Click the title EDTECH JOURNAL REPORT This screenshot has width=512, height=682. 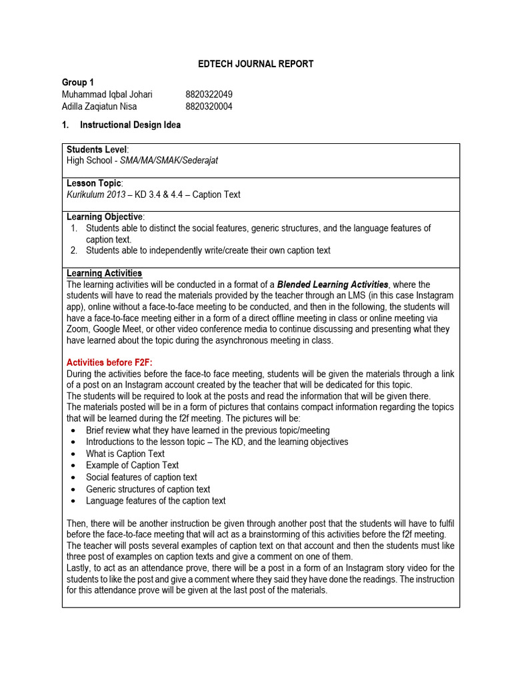[x=256, y=64]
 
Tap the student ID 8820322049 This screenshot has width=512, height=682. [x=209, y=95]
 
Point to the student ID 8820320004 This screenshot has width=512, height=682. [x=209, y=107]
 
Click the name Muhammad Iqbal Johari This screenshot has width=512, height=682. [x=107, y=95]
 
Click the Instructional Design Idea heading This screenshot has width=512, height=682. [x=130, y=125]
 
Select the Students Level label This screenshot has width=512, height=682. [x=97, y=149]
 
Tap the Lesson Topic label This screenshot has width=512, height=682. [x=94, y=183]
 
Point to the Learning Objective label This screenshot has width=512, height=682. [x=104, y=217]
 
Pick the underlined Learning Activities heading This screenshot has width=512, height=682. [x=104, y=273]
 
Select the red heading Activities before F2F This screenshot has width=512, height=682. [x=109, y=362]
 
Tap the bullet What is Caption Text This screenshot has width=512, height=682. [x=125, y=454]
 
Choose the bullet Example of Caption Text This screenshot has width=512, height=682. [x=132, y=466]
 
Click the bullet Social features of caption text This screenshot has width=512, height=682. [x=141, y=477]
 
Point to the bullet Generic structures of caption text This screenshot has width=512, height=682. [x=148, y=489]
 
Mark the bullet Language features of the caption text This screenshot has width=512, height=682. [x=156, y=501]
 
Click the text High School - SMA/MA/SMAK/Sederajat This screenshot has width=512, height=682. [x=143, y=161]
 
